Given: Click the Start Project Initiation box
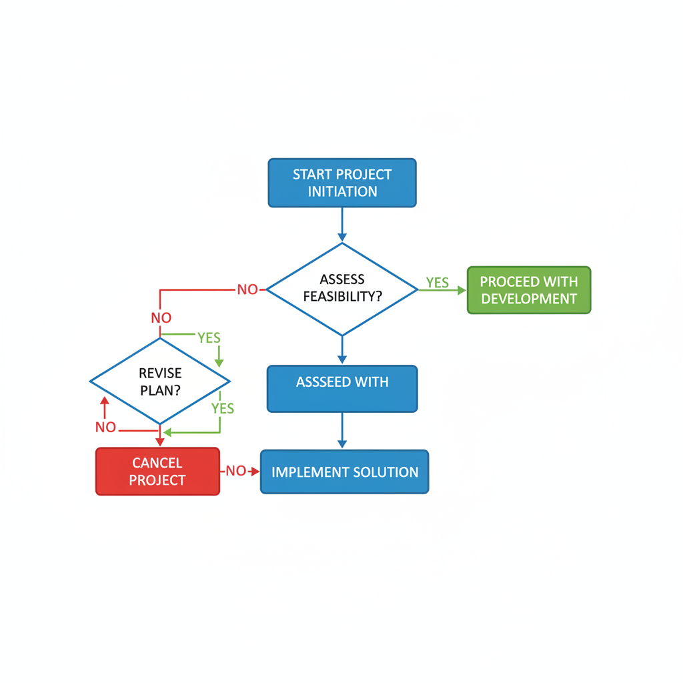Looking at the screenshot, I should point(342,183).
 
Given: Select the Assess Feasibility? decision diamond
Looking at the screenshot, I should point(342,289).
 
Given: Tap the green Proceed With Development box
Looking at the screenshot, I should point(529,290).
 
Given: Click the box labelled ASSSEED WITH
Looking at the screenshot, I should point(342,389).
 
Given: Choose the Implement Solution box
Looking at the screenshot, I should point(344,472).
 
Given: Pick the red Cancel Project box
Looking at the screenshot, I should point(157,472).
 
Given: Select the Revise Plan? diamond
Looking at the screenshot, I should point(160,382).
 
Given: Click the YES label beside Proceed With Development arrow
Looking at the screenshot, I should point(438,283).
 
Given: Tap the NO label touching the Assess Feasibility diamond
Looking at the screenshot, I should point(247,289).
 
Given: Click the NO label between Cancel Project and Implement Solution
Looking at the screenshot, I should point(235,471).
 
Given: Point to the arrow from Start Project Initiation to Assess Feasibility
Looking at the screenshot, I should point(342,223).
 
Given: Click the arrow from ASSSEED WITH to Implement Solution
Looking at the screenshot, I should point(342,430).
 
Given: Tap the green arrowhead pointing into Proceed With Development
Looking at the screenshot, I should point(462,290).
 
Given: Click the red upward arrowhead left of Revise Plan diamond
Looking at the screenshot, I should point(104,400).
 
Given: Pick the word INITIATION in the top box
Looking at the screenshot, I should point(342,191).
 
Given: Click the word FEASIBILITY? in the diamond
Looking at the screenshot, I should point(342,297).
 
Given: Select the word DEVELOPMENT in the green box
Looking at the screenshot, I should point(529,299).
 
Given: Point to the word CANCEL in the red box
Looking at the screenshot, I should point(157,463).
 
